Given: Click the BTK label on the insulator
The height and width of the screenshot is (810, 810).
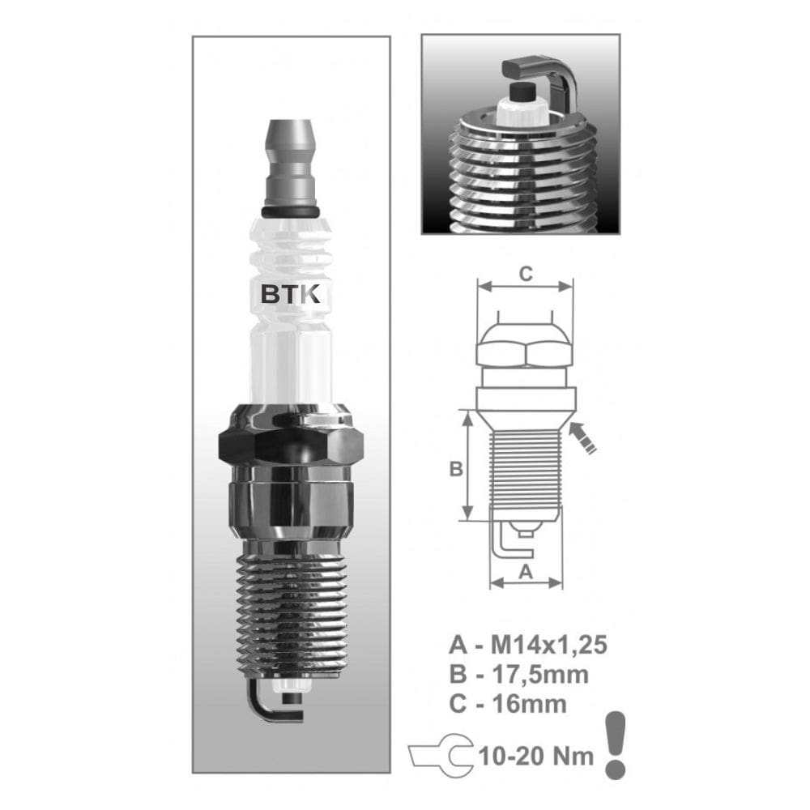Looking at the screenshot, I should tap(292, 294).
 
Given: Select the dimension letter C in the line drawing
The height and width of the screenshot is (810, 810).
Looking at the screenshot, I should tap(525, 274).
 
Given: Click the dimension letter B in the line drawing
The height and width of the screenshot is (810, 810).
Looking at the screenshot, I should tap(456, 468).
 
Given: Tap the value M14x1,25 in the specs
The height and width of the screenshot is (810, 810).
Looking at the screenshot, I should tap(549, 646).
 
